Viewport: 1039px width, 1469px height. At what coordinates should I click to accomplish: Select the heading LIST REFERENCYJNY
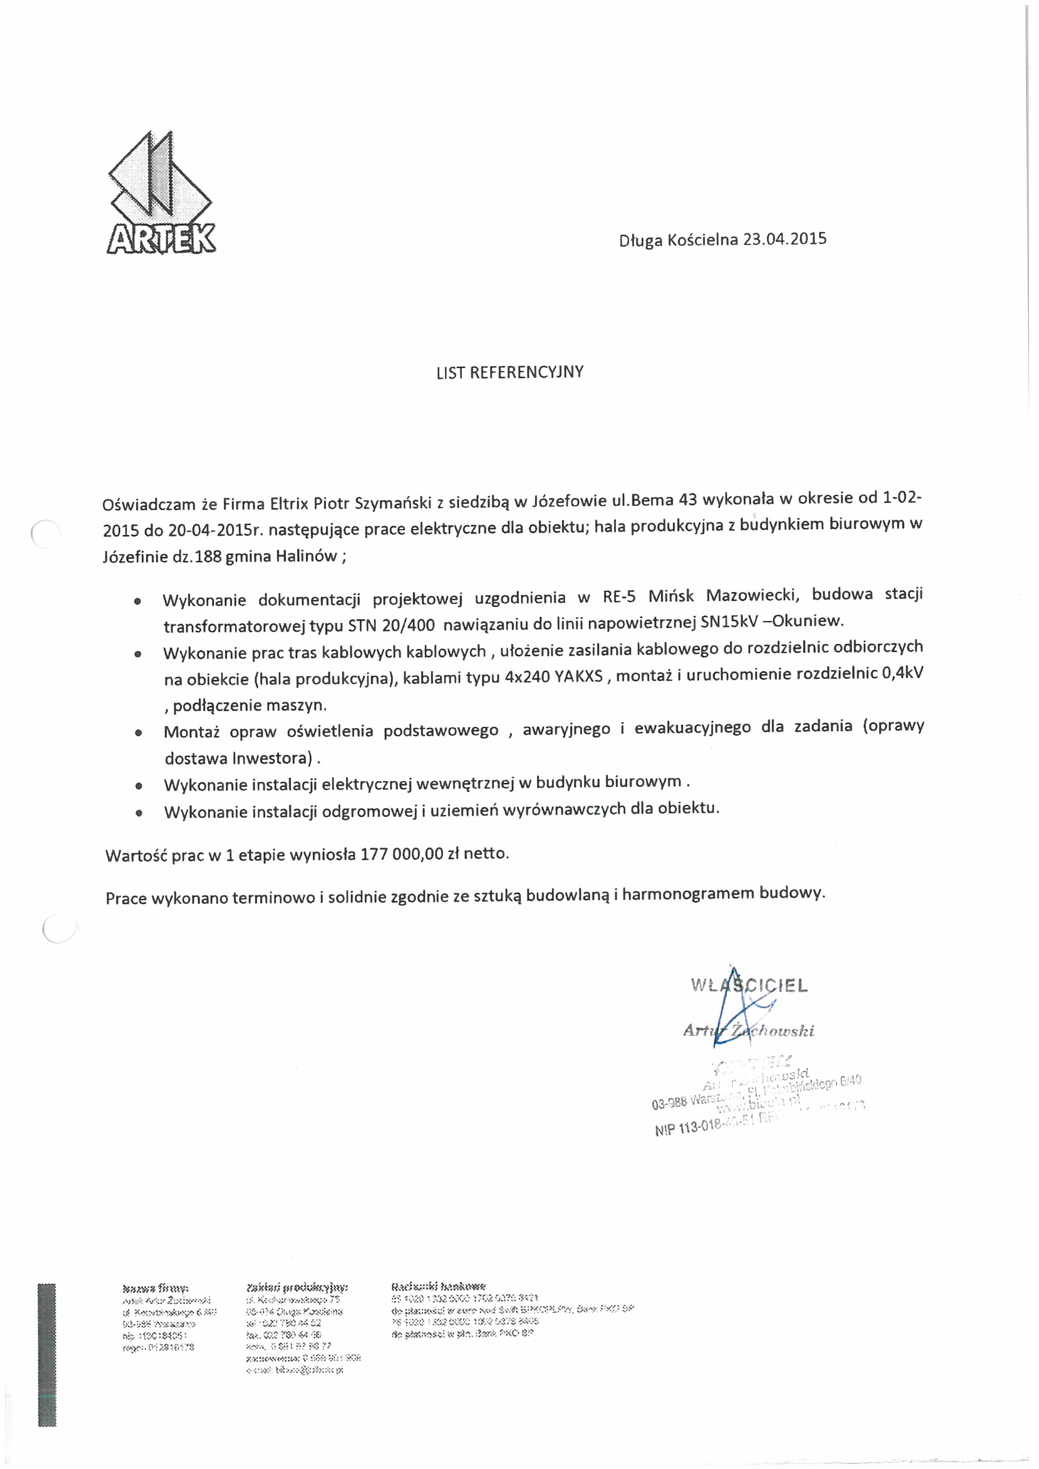point(510,372)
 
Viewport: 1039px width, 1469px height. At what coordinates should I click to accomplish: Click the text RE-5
point(619,597)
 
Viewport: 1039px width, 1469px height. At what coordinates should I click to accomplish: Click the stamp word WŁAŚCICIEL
point(749,985)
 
